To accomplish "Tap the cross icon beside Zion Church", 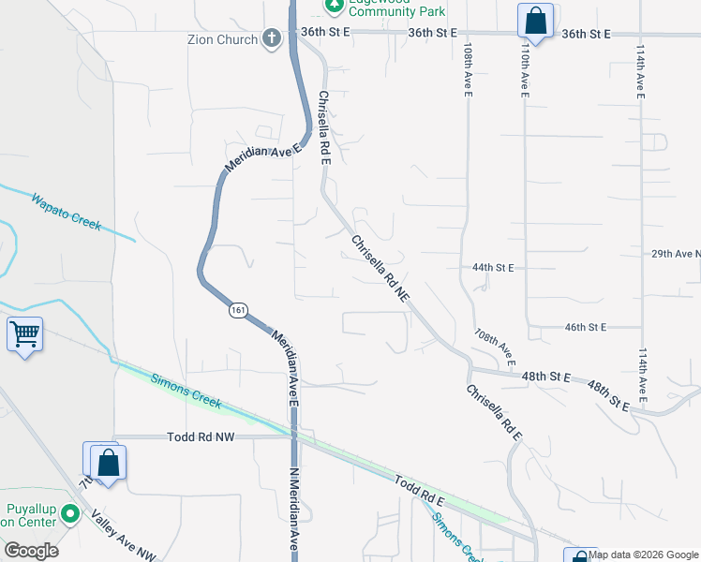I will point(271,39).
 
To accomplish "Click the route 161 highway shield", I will point(236,310).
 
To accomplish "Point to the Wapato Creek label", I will point(66,212).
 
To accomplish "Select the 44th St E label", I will point(493,268).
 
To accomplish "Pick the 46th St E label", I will point(587,327).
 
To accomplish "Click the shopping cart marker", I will point(24,334).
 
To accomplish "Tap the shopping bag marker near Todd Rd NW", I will point(108,462).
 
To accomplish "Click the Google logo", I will point(31,551).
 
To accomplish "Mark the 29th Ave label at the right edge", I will point(676,254).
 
